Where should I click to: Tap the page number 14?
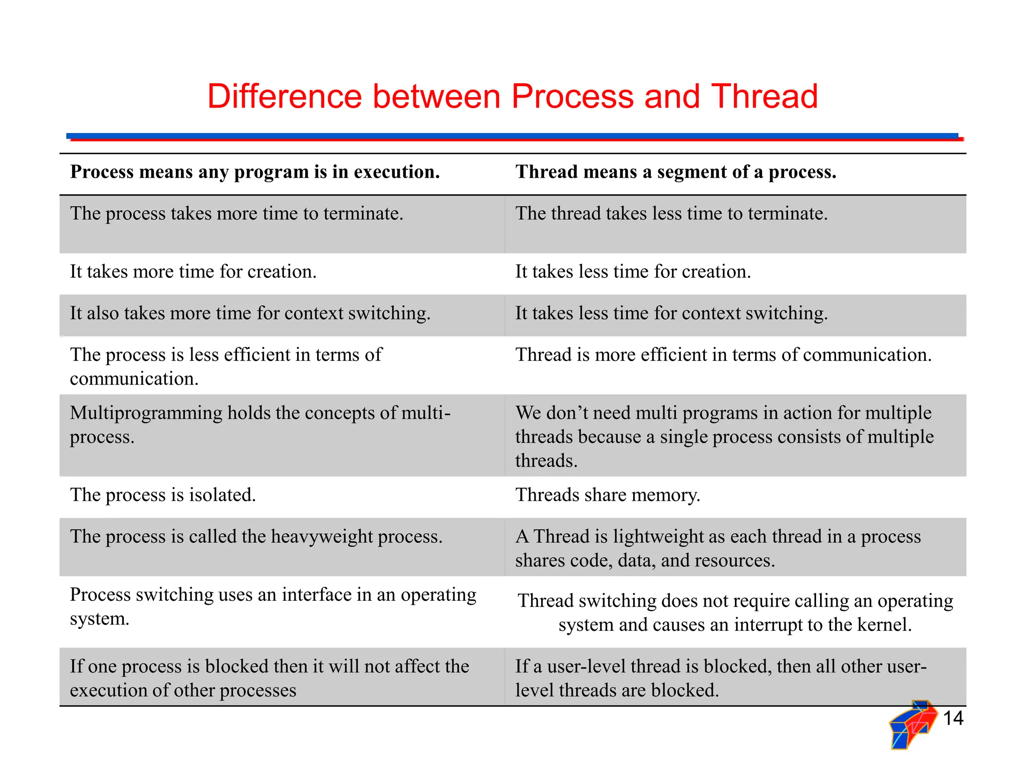click(953, 718)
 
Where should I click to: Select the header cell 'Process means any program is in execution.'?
click(254, 172)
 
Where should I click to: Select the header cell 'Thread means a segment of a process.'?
click(675, 172)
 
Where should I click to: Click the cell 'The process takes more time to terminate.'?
click(236, 214)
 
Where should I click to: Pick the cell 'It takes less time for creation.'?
click(633, 272)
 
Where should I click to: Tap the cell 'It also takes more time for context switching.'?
click(250, 313)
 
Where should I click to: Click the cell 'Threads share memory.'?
click(607, 495)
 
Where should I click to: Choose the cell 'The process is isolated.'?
click(163, 495)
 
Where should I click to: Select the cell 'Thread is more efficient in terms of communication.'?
click(723, 355)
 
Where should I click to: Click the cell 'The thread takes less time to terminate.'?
click(671, 214)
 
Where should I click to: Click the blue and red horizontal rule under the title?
click(513, 137)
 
